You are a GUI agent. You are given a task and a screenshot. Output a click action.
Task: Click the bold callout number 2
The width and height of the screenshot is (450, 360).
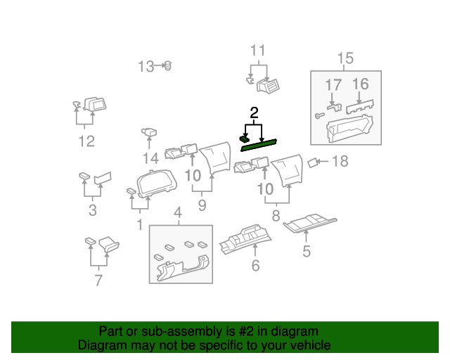(x=254, y=113)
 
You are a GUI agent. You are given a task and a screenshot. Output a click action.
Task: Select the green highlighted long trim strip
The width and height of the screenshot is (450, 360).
(x=259, y=146)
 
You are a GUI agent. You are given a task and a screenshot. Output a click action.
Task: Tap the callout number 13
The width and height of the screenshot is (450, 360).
(x=146, y=66)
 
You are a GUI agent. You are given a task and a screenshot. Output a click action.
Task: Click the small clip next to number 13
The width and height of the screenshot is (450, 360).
(x=167, y=66)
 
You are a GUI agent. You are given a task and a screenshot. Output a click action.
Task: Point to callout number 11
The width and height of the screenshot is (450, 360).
(x=258, y=51)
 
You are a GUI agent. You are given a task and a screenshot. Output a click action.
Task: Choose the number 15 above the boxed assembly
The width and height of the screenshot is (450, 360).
(x=345, y=58)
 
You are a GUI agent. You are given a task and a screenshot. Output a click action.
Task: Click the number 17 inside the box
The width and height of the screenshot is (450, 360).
(x=333, y=85)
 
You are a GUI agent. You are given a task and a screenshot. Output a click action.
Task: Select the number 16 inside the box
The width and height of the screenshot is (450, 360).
(x=361, y=84)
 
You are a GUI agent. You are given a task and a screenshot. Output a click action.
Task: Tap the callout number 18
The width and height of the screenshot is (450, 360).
(x=340, y=161)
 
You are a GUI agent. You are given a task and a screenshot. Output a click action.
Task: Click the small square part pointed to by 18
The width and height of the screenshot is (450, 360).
(x=312, y=163)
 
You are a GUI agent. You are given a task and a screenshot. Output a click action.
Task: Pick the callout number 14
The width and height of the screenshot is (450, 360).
(x=150, y=158)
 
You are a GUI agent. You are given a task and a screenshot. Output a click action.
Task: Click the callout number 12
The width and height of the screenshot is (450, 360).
(x=86, y=141)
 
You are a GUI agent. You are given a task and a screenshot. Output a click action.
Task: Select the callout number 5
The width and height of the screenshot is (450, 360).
(x=307, y=251)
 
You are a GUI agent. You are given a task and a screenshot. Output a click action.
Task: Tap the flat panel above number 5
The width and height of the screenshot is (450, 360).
(x=310, y=224)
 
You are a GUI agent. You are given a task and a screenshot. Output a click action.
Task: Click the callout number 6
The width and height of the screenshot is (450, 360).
(x=255, y=266)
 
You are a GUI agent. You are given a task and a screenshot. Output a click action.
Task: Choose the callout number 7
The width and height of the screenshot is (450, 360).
(x=98, y=280)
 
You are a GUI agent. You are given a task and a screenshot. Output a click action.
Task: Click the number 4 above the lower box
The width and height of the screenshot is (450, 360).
(x=178, y=213)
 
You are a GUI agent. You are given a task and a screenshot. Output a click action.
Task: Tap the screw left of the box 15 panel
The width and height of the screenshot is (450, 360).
(x=319, y=115)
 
